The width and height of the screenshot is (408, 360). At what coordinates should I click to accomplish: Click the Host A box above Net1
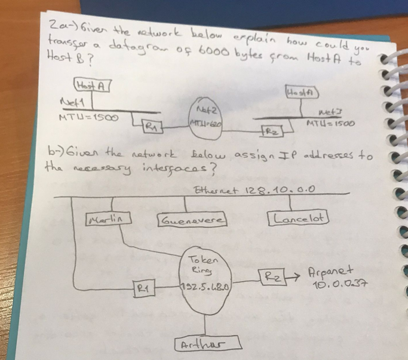coord(91,86)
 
